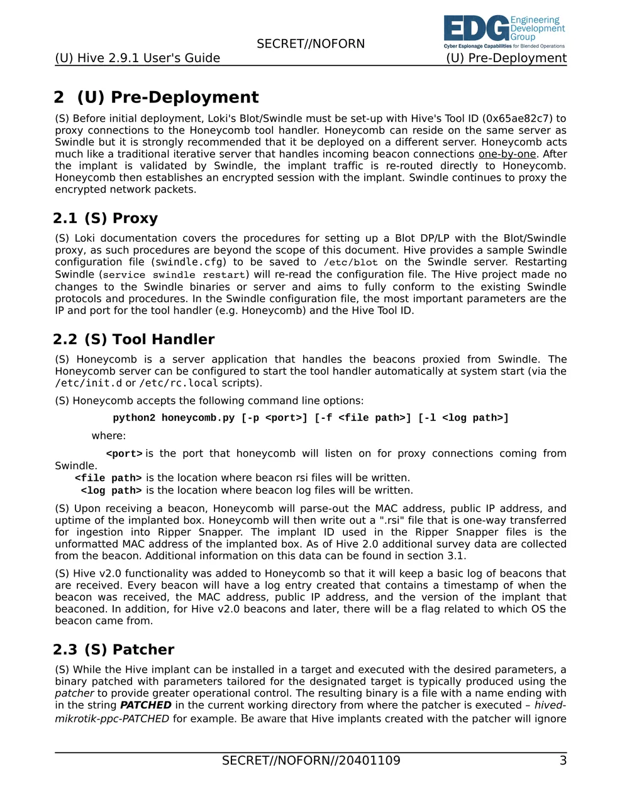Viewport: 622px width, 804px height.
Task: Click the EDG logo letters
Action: coord(476,29)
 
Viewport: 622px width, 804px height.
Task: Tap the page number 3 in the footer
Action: coord(563,761)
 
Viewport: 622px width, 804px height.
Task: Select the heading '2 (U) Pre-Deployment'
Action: coord(156,97)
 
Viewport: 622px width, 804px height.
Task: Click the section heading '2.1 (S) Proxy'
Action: coord(105,219)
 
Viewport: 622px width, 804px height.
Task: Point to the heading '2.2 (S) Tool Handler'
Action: coord(133,340)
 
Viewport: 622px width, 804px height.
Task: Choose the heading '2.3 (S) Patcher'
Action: coord(113,650)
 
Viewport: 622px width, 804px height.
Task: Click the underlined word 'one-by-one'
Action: coord(507,155)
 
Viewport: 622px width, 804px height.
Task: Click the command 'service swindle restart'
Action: coord(174,275)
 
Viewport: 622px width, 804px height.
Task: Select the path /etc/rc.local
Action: coord(179,383)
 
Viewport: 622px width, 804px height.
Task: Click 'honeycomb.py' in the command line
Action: coord(198,418)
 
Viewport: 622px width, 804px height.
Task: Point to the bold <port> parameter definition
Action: coord(124,454)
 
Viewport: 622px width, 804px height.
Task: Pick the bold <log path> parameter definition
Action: coord(111,491)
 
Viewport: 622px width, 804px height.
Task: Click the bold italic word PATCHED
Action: coord(145,705)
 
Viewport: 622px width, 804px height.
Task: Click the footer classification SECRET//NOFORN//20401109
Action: coord(311,761)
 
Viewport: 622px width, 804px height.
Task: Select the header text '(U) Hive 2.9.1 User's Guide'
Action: coord(137,58)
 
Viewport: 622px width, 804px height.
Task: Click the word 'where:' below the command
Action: coord(109,436)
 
